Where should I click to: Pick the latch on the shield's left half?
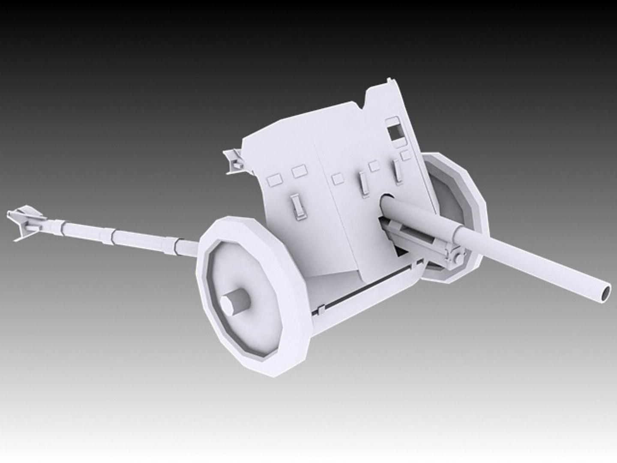[296, 205]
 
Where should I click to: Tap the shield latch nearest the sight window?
[398, 171]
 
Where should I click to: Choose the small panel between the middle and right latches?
[374, 166]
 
